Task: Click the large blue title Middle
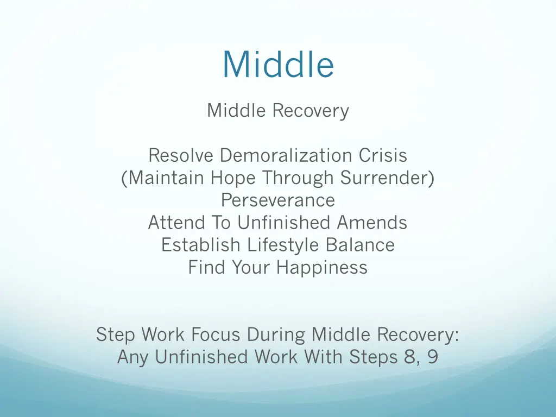pos(278,64)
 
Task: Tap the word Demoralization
pos(286,156)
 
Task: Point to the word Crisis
pos(383,156)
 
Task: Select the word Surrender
pos(387,178)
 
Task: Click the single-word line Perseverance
pos(278,200)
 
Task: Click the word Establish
pos(201,245)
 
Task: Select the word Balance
pos(360,245)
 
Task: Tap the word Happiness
pos(322,267)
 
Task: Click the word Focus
pos(217,334)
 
